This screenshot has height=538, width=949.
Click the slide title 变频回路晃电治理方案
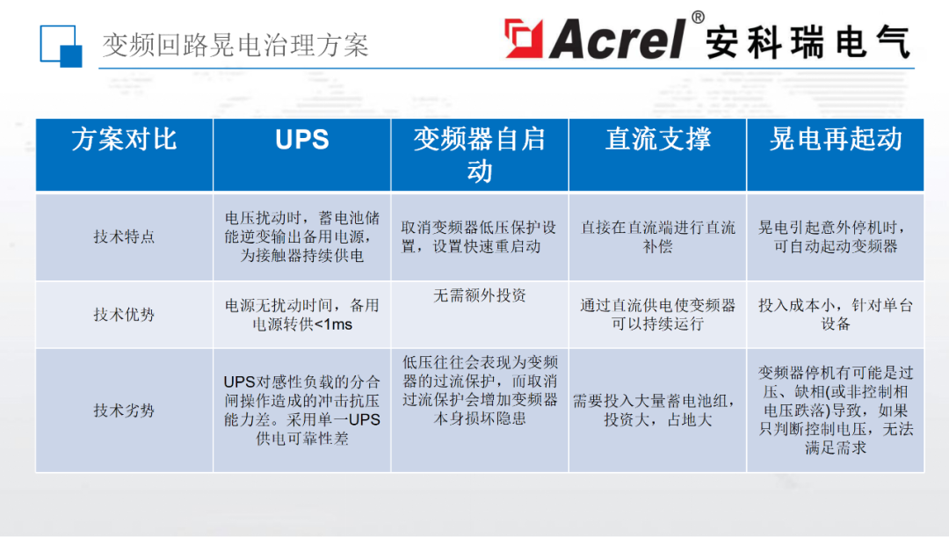click(x=235, y=45)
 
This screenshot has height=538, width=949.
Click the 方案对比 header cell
click(x=124, y=140)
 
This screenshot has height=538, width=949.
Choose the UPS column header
click(x=301, y=140)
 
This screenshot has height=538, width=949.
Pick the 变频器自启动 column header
click(x=479, y=154)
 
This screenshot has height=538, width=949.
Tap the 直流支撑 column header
click(x=657, y=140)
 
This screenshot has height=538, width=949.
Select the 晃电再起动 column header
click(x=835, y=140)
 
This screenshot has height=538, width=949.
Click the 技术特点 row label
click(x=124, y=236)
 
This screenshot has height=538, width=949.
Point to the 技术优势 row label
click(x=124, y=314)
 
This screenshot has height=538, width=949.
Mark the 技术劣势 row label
click(x=124, y=410)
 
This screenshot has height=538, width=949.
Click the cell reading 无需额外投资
click(x=479, y=296)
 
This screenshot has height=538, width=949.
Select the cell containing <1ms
click(x=301, y=315)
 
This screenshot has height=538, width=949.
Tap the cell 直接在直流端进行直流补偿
click(x=657, y=236)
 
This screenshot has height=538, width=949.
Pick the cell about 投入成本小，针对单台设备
click(x=835, y=315)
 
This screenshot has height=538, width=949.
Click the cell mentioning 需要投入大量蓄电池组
click(x=657, y=410)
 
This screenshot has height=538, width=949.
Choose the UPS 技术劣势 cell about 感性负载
click(x=301, y=410)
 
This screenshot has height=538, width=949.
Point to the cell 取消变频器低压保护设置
click(x=479, y=236)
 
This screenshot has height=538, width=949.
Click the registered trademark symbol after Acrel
click(x=698, y=17)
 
